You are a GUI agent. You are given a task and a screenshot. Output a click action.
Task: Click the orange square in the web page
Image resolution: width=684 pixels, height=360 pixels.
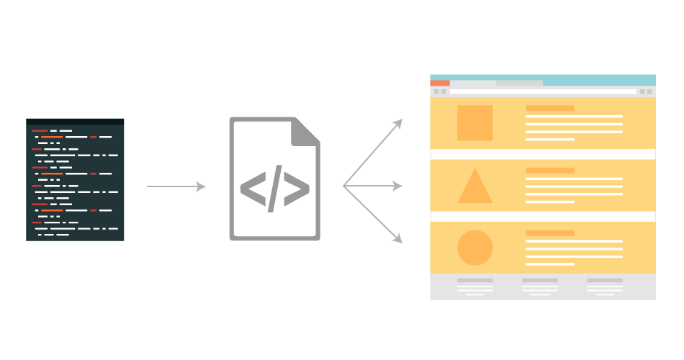click(474, 123)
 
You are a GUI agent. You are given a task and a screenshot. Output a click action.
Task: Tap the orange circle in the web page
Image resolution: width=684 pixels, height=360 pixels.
click(474, 248)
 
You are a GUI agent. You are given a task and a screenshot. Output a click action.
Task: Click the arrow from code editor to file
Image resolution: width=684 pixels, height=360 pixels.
click(176, 186)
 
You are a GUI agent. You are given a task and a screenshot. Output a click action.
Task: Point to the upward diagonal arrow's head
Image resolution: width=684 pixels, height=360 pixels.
click(398, 122)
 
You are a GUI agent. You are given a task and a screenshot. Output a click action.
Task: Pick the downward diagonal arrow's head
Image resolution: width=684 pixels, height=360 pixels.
click(398, 239)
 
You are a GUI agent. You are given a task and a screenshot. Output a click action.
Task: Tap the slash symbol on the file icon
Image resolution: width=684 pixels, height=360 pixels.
click(275, 189)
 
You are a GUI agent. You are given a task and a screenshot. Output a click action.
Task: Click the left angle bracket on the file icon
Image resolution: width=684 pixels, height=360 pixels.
click(251, 189)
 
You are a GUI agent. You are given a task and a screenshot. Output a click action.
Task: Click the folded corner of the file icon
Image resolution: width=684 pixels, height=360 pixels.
click(305, 132)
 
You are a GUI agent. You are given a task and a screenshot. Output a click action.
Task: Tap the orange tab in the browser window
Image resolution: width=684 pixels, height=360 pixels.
click(439, 84)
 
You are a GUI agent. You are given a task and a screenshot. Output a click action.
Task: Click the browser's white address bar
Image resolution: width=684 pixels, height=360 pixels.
click(543, 91)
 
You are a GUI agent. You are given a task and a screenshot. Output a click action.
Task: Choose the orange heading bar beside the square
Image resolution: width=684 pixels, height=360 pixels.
click(549, 108)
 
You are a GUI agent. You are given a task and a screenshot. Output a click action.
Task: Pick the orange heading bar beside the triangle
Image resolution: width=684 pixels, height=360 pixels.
click(549, 171)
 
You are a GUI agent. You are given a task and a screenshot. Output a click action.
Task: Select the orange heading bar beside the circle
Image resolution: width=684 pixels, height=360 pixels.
click(549, 233)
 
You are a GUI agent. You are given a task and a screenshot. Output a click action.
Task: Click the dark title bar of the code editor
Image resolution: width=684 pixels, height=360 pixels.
click(75, 121)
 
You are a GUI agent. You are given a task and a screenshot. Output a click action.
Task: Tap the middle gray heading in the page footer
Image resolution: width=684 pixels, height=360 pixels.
click(539, 280)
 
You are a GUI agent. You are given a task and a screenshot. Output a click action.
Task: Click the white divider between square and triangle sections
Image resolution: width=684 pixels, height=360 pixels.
click(542, 154)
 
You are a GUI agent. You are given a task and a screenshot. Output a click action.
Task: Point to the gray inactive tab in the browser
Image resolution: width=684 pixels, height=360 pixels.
click(519, 84)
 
